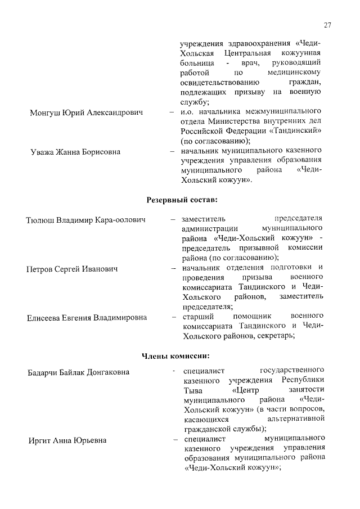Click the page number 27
328,25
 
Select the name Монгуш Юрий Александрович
86,112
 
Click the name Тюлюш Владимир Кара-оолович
86,219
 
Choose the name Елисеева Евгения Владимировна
87,318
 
